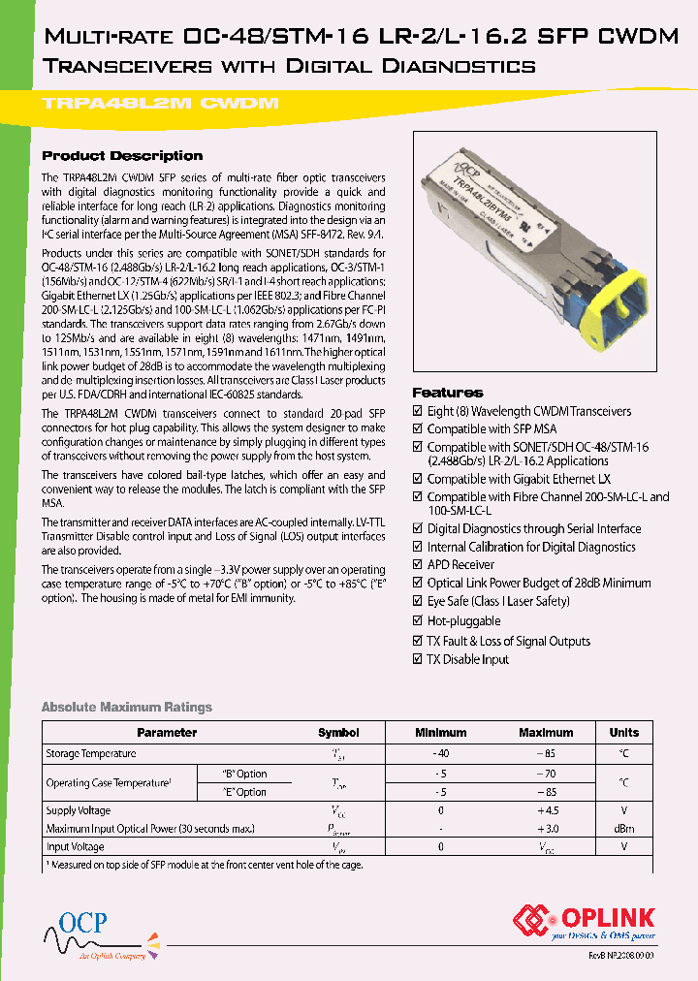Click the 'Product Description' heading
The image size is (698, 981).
tap(122, 156)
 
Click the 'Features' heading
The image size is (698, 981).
tap(447, 393)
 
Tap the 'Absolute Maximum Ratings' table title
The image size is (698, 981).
tap(126, 707)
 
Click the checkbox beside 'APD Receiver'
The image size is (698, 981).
tap(418, 565)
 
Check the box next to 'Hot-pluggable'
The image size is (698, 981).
tap(418, 621)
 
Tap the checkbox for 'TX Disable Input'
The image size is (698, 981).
tap(418, 660)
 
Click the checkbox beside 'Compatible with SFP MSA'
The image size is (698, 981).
tap(418, 429)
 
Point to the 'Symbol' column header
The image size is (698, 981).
tap(338, 733)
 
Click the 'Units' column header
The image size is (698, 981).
tap(623, 733)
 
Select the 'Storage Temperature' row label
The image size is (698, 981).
tap(91, 753)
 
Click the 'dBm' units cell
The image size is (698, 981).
tap(623, 829)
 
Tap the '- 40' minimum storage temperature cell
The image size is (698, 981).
tap(441, 753)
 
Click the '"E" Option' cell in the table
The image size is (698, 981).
tap(244, 792)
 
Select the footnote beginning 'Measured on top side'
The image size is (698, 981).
tap(204, 865)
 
